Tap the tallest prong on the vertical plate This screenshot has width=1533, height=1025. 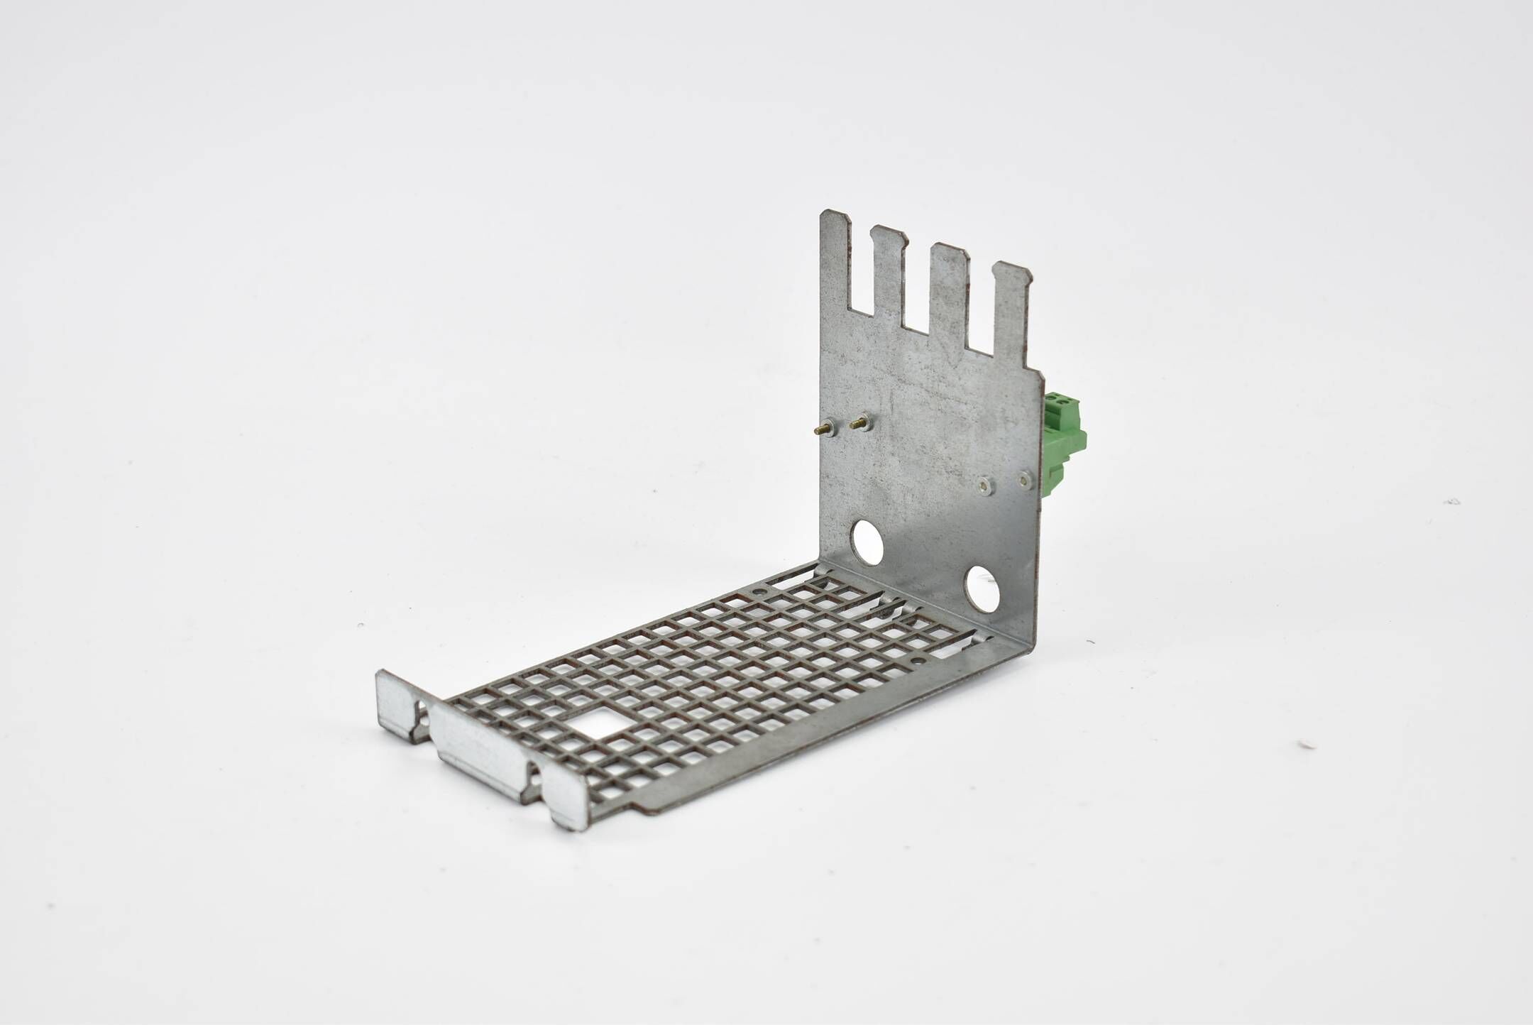coord(836,270)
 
